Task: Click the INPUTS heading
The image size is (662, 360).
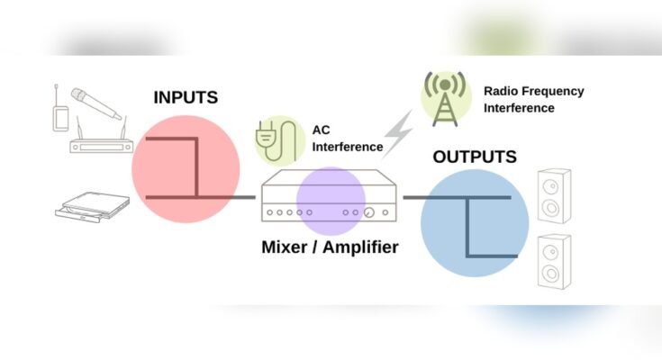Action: pyautogui.click(x=186, y=97)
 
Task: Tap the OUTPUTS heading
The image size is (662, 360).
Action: pyautogui.click(x=475, y=157)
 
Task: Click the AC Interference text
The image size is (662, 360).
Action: pyautogui.click(x=347, y=138)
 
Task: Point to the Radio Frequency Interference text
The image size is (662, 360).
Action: pyautogui.click(x=534, y=99)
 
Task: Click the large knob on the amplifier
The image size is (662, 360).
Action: pyautogui.click(x=369, y=213)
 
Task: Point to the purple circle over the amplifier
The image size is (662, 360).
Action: pyautogui.click(x=331, y=202)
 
